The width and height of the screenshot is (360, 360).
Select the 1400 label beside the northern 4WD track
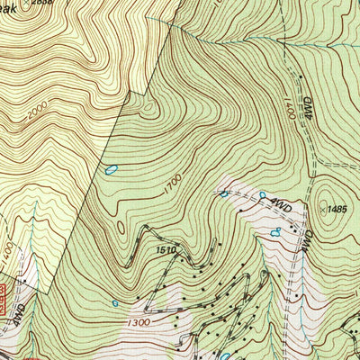pos(291,105)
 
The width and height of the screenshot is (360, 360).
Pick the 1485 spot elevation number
pos(337,209)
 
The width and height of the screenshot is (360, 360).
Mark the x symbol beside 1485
pos(321,208)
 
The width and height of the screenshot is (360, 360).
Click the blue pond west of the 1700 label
pos(112,168)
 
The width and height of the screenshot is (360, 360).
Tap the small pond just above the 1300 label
pos(115,303)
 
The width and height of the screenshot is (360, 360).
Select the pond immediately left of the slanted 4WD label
pos(263,194)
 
